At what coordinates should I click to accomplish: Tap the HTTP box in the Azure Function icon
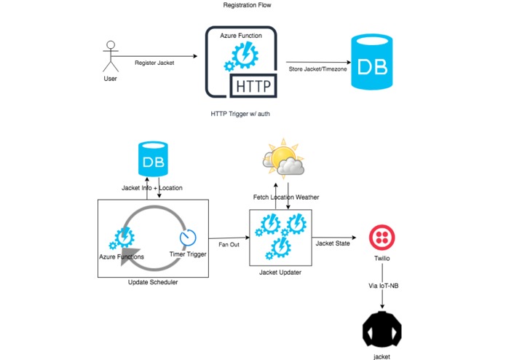[x=252, y=87]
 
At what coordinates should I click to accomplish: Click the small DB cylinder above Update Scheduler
[x=152, y=161]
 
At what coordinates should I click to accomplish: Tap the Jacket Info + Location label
[x=152, y=188]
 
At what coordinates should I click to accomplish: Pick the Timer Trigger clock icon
[x=189, y=238]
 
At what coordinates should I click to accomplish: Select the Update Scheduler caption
[x=152, y=283]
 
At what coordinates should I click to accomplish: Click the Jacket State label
[x=331, y=243]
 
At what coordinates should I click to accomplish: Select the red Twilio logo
[x=382, y=237]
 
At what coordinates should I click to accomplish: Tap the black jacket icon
[x=382, y=332]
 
